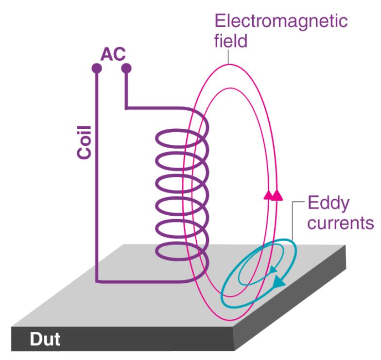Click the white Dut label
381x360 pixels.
click(45, 339)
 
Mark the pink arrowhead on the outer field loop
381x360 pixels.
click(278, 195)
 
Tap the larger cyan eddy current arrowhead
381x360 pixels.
click(279, 281)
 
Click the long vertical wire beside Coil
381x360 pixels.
click(96, 185)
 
